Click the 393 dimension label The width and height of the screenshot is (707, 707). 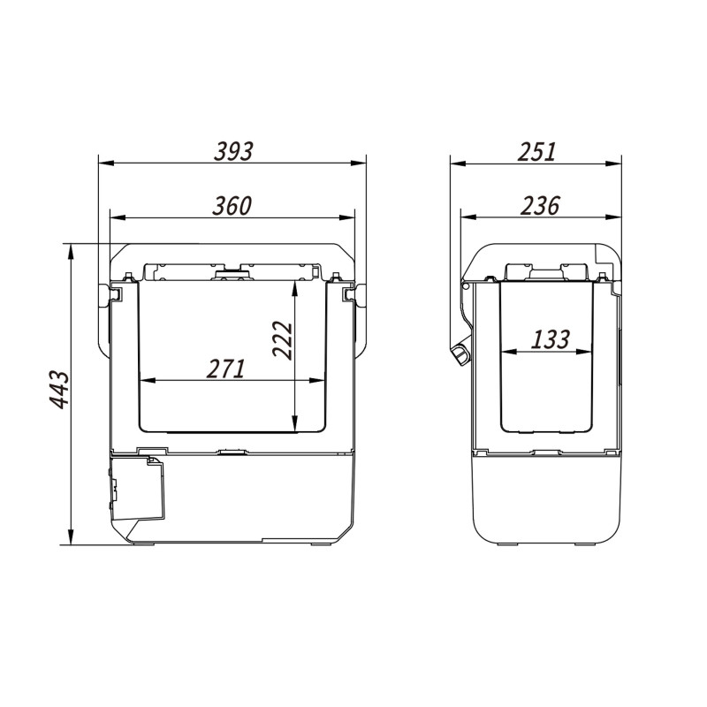coord(233,151)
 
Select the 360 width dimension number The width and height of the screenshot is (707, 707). coord(232,206)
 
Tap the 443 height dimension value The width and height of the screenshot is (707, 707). coord(59,390)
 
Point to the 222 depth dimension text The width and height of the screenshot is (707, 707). coord(283,339)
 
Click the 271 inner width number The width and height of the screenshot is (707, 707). coord(226,369)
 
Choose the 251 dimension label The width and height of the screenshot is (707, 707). coord(537,151)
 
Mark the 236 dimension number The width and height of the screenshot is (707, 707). coord(540,206)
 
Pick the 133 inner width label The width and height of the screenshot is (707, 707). coord(551,339)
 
